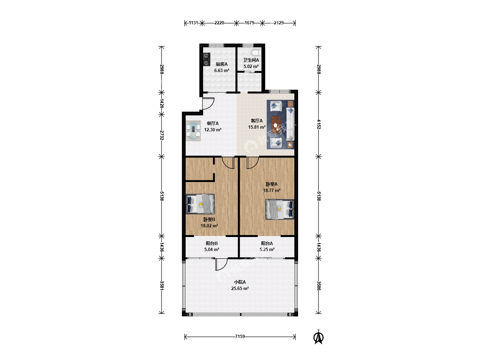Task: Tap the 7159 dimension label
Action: point(240,336)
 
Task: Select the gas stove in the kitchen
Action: point(206,59)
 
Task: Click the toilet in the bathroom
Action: point(256,52)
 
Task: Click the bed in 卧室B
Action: point(200,204)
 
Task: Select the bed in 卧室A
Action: point(280,209)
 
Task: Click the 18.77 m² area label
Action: point(272,190)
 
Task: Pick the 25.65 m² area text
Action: point(240,288)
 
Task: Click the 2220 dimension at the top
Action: point(219,23)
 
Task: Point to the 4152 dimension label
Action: point(319,124)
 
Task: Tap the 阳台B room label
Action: point(212,243)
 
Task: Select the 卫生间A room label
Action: point(251,60)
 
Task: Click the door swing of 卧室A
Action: point(253,163)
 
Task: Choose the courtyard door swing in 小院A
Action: point(221,264)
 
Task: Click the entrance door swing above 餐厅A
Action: point(208,103)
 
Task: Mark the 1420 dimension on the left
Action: point(162,103)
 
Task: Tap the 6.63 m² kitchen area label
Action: point(222,70)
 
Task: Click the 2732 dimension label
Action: point(162,135)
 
